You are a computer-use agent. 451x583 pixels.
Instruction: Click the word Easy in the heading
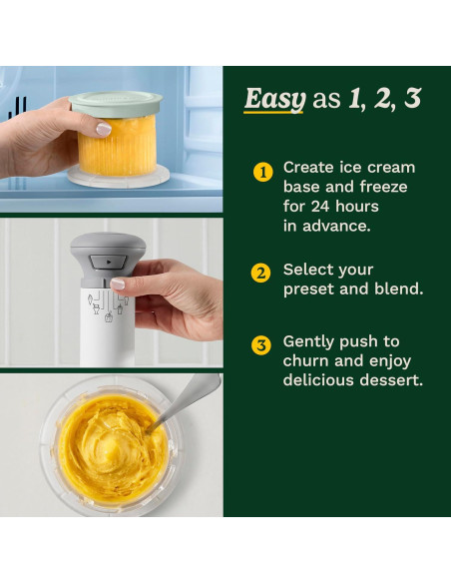tap(274, 99)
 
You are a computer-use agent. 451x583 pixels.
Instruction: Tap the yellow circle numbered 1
tap(262, 172)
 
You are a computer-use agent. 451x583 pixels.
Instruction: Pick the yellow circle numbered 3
tap(261, 345)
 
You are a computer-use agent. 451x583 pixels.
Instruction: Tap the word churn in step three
tap(305, 361)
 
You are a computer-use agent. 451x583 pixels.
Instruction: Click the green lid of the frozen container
tap(116, 102)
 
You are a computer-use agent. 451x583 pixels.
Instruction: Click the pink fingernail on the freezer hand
tap(103, 129)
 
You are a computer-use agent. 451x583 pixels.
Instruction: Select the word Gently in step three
tap(311, 341)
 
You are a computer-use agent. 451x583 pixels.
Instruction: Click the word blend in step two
tap(399, 290)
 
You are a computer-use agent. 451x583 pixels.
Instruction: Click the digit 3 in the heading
tap(412, 99)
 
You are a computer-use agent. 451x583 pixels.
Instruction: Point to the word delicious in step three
tap(321, 380)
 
